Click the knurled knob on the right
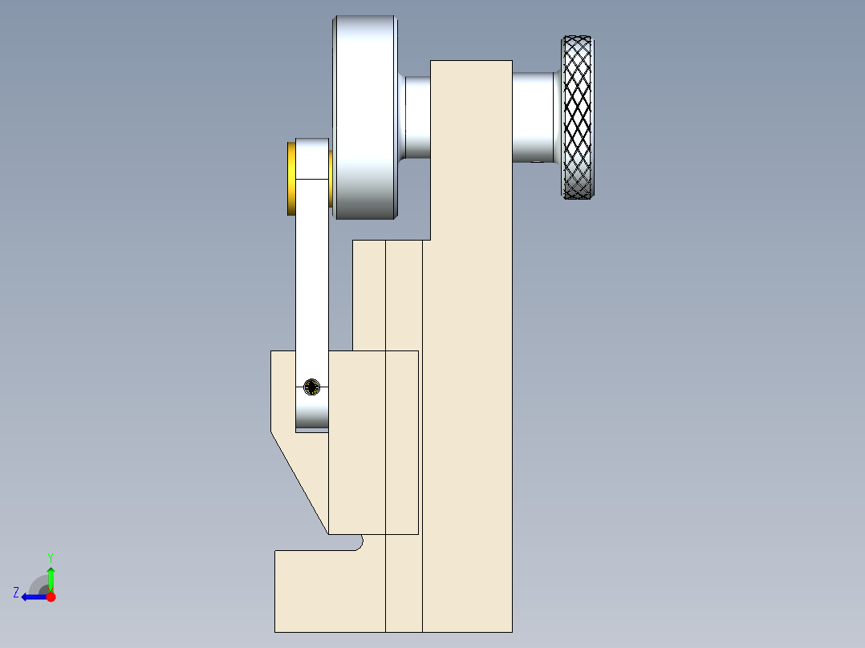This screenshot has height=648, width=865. (x=578, y=117)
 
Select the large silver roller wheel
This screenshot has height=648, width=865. (x=364, y=117)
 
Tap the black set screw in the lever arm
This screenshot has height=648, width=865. (x=311, y=387)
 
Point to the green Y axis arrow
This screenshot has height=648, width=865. (x=51, y=579)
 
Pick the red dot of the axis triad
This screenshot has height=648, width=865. (x=51, y=597)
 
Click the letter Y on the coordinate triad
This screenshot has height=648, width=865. (x=51, y=557)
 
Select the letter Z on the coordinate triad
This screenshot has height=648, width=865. (x=16, y=593)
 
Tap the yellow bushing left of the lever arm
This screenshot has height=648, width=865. (x=291, y=179)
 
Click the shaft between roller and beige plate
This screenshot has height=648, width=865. (x=417, y=117)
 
